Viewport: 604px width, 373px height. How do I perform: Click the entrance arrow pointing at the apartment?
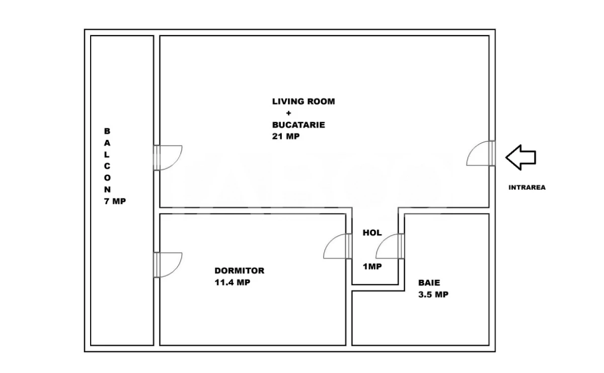pos(520,157)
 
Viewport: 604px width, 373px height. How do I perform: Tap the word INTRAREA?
pos(527,187)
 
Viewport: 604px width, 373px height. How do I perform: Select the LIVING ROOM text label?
pos(303,101)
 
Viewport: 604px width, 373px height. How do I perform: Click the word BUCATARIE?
pos(298,125)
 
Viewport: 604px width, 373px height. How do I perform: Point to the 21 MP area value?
pos(285,136)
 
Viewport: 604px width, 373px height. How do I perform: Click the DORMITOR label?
pos(239,271)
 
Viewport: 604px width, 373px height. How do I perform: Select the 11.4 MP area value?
pos(233,282)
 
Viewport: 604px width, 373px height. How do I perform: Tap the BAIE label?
pos(428,283)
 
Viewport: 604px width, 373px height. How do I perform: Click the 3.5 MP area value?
pos(433,295)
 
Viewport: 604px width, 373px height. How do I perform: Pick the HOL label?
pos(372,233)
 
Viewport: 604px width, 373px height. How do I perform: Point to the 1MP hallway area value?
pos(372,267)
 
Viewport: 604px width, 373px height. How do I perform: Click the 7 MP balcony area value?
pos(115,201)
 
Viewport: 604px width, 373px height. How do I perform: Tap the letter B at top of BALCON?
pos(107,130)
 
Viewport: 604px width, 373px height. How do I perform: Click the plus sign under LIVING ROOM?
pos(288,113)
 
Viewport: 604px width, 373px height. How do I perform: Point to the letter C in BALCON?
pos(107,166)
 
